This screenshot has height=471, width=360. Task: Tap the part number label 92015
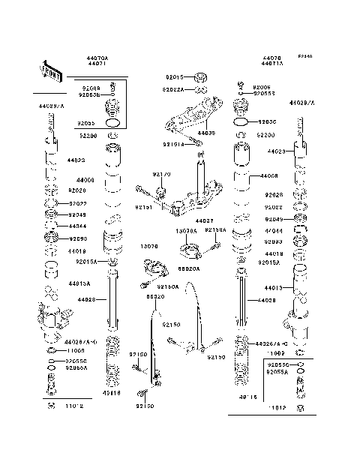[174, 76]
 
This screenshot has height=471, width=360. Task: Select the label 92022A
[174, 89]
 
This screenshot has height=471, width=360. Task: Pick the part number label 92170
[162, 174]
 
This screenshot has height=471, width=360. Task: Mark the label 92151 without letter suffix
[143, 207]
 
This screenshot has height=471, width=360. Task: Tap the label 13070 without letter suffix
[148, 245]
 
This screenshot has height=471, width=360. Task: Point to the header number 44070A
[97, 58]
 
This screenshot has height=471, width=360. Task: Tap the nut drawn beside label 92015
[200, 76]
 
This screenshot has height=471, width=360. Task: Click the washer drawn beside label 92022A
[199, 89]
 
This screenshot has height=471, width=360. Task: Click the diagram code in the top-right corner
[304, 57]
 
